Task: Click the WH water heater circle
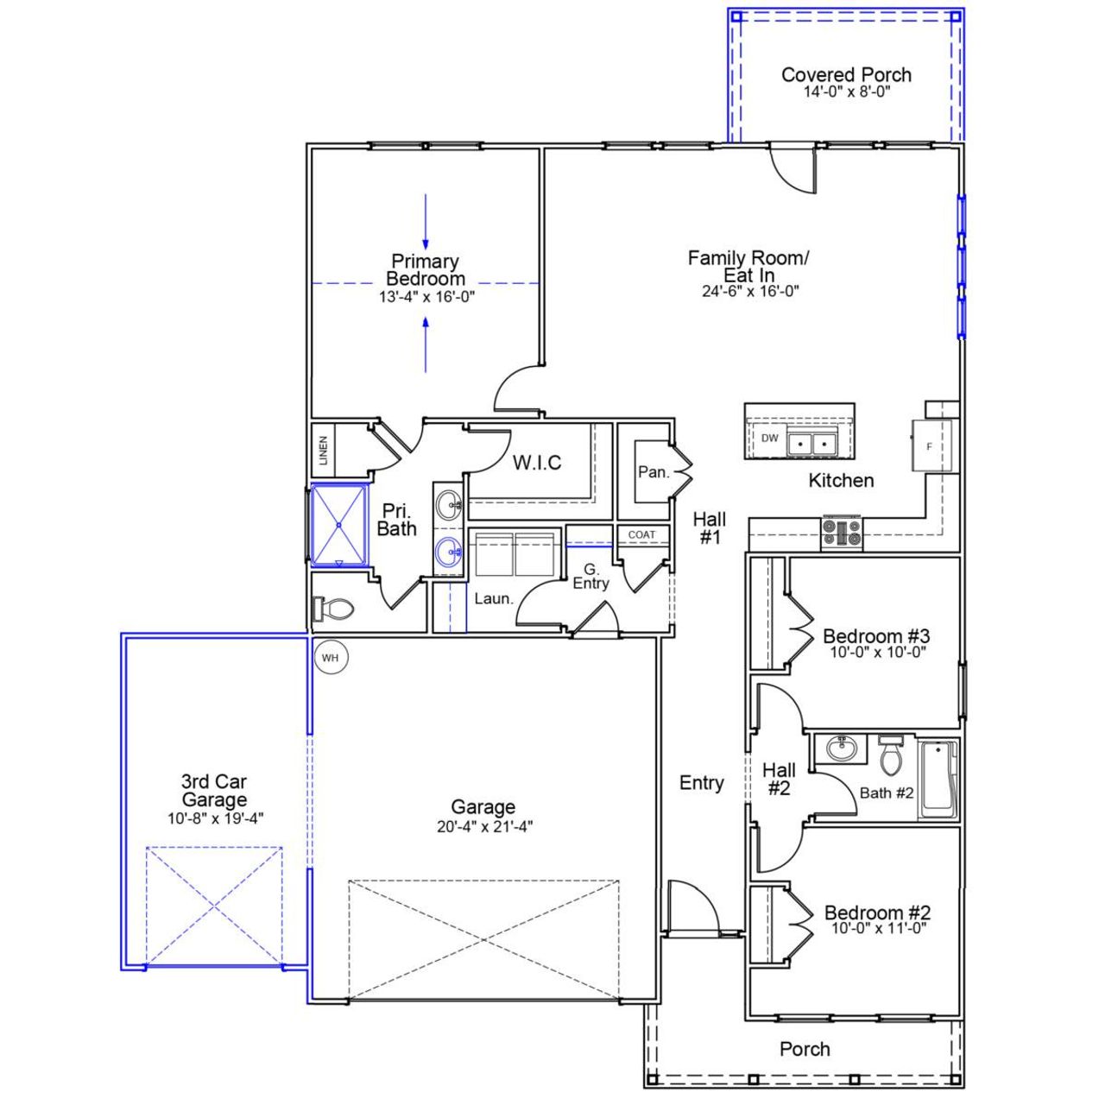[330, 658]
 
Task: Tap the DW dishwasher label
[769, 439]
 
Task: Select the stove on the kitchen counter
[842, 533]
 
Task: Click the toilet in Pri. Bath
[334, 609]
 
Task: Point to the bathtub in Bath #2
[938, 781]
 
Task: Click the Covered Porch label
[846, 75]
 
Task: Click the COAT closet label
[641, 535]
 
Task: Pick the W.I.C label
[537, 463]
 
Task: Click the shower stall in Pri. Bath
[338, 525]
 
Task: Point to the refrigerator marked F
[930, 446]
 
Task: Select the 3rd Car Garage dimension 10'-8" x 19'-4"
[215, 818]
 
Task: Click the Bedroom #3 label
[876, 636]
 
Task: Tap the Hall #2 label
[779, 779]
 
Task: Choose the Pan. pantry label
[654, 471]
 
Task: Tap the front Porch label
[805, 1049]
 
